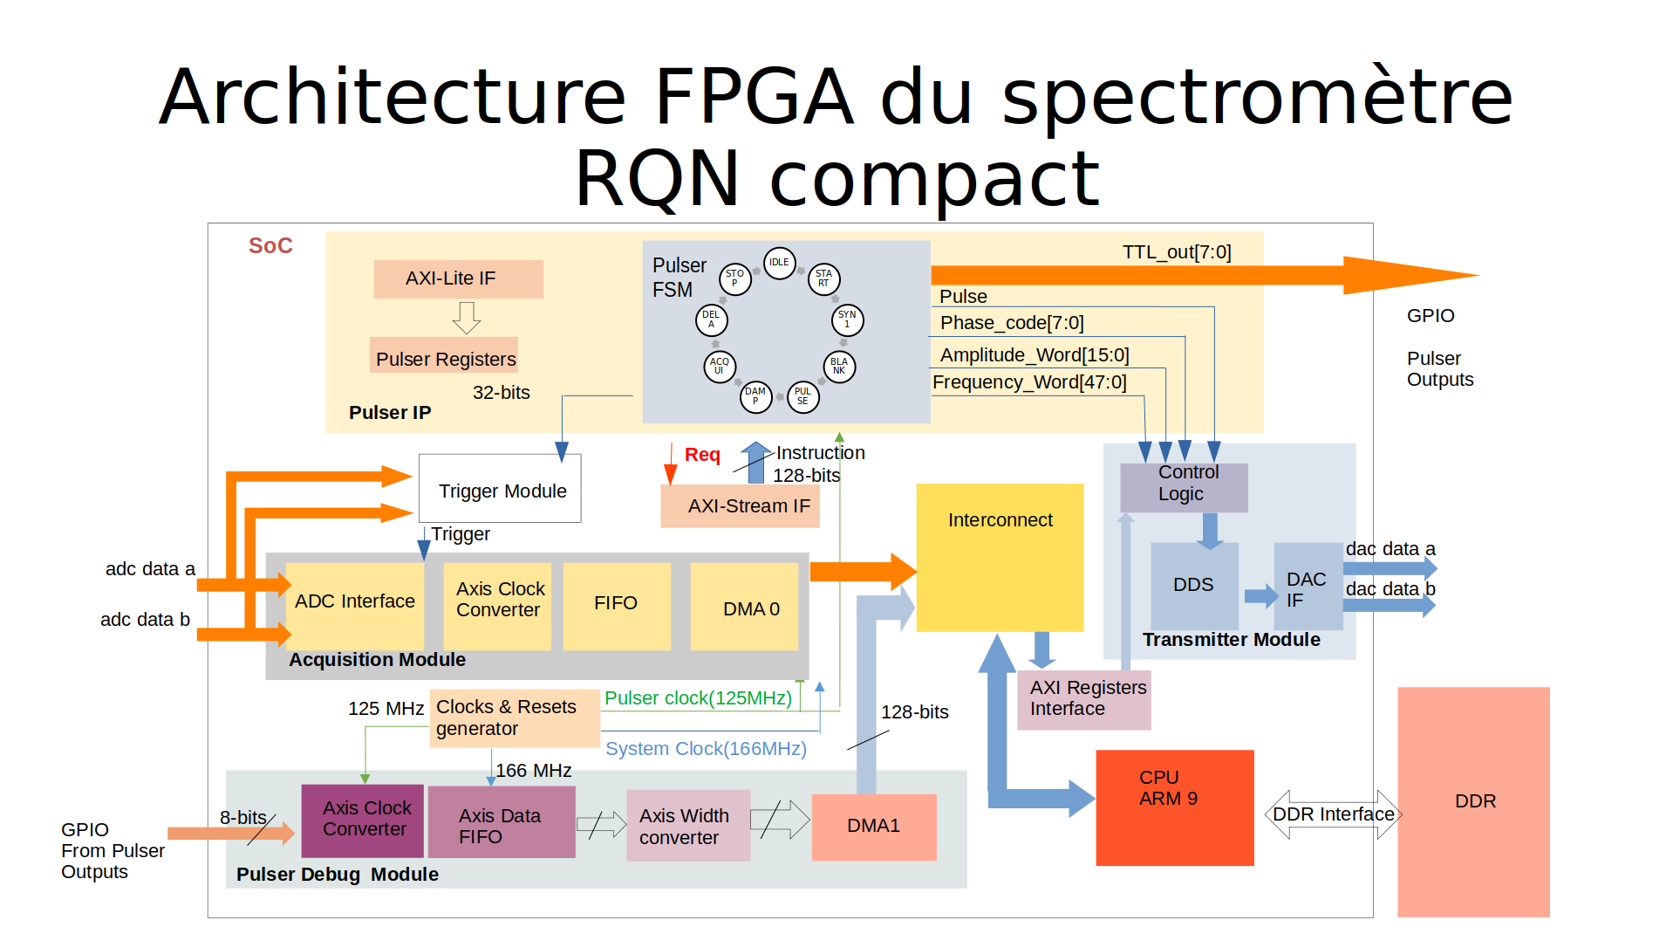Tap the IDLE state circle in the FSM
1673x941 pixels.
(x=779, y=262)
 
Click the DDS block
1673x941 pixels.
(x=1193, y=585)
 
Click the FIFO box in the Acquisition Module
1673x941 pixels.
(x=616, y=605)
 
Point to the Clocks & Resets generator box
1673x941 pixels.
(x=514, y=718)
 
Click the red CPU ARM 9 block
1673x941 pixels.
(x=1174, y=807)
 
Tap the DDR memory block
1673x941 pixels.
(x=1473, y=801)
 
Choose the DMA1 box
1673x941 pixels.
(x=874, y=827)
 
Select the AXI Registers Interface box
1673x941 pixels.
(x=1084, y=699)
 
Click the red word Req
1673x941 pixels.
(x=702, y=455)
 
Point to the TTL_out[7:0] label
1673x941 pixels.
(x=1177, y=252)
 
